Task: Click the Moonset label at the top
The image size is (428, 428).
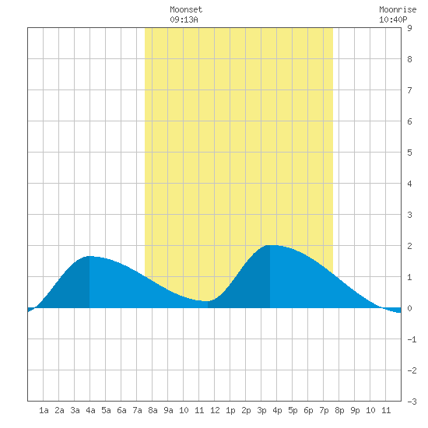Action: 186,9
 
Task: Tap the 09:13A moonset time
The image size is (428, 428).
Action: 184,19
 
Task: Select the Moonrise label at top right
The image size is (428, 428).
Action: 398,9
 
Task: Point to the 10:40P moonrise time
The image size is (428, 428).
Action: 393,19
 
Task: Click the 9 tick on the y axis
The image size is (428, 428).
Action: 409,28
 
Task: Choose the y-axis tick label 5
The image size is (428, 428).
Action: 409,153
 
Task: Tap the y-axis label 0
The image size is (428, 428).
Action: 409,308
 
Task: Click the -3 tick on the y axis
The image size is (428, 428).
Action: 412,402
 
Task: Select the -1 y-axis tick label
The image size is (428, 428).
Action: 412,339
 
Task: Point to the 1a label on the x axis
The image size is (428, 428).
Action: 44,410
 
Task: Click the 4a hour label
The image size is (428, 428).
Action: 90,410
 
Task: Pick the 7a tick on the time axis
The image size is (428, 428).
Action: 137,410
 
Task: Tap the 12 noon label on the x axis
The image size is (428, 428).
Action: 215,410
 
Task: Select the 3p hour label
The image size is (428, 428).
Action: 261,410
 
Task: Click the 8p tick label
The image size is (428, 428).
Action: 339,410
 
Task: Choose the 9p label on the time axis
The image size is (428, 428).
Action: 355,410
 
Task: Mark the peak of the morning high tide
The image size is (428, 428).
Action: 89,256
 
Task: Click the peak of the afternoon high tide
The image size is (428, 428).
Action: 270,245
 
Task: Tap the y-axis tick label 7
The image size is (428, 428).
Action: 409,90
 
